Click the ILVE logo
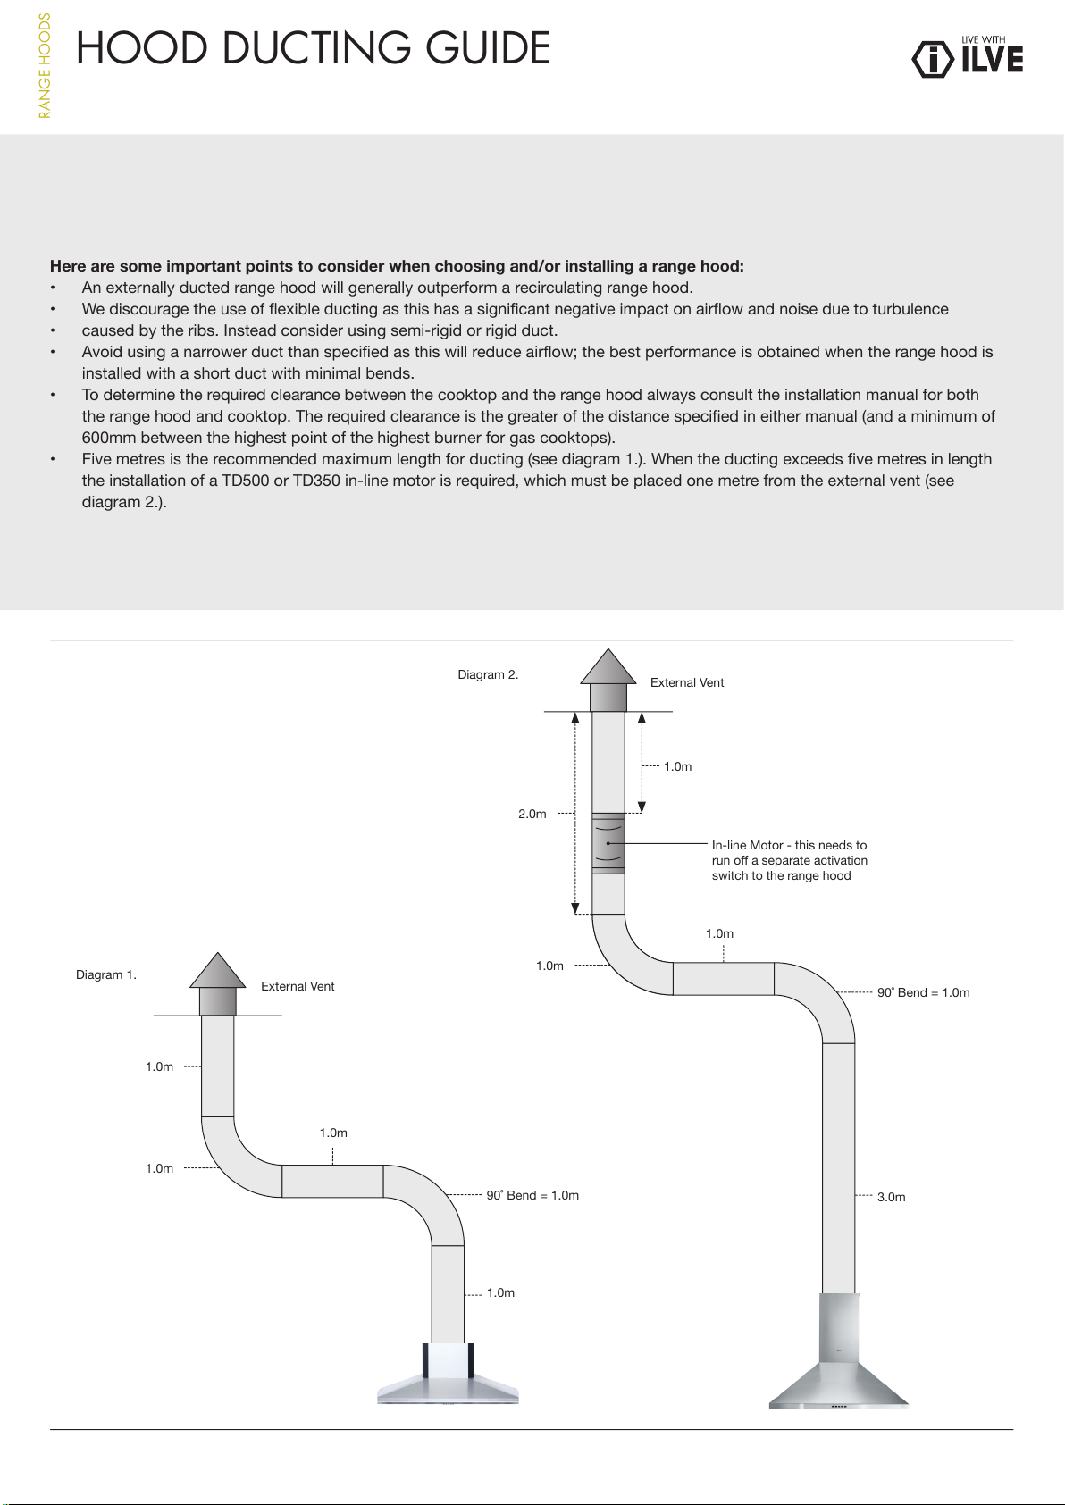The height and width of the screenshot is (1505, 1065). [x=968, y=58]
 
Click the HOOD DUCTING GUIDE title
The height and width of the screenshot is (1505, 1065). [x=313, y=48]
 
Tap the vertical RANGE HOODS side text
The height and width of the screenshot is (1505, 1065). [x=45, y=66]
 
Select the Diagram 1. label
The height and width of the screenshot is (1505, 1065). [x=106, y=974]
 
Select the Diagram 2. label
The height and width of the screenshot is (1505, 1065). [x=488, y=674]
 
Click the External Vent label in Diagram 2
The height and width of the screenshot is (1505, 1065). [x=687, y=682]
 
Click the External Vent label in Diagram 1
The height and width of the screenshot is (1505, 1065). [x=298, y=986]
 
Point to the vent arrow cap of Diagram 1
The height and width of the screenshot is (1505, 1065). [x=218, y=972]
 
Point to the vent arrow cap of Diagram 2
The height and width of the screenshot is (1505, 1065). [x=608, y=668]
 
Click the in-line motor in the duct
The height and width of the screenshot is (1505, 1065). [x=608, y=843]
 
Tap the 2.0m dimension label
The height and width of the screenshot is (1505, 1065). [x=532, y=814]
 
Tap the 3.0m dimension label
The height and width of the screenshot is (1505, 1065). [x=891, y=1197]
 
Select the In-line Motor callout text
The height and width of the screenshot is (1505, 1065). [x=789, y=860]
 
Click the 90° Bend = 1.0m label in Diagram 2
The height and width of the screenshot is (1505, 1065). [x=923, y=992]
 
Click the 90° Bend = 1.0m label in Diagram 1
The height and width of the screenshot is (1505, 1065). [x=532, y=1195]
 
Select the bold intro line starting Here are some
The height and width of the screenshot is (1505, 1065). [x=397, y=266]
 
